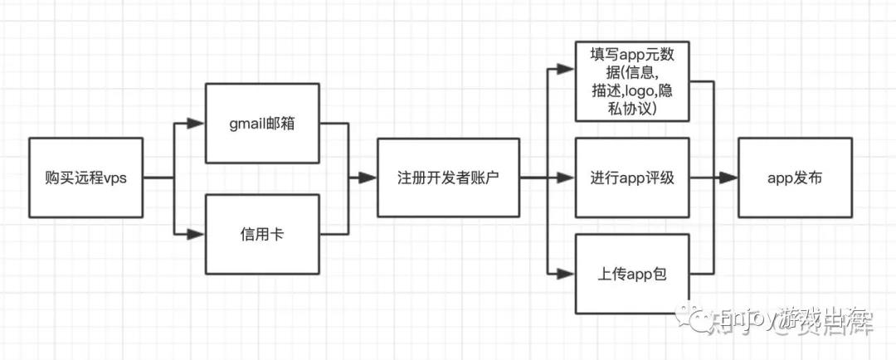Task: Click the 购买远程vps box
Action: [85, 178]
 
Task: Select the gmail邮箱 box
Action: [262, 124]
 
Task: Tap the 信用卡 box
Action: [262, 234]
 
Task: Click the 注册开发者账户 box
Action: [448, 178]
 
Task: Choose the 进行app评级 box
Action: [633, 178]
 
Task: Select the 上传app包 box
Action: [633, 273]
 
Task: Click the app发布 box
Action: [795, 178]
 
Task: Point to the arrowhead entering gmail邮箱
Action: [196, 124]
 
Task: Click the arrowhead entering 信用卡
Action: [196, 234]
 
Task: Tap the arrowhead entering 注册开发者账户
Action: [366, 178]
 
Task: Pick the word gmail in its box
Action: [248, 124]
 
